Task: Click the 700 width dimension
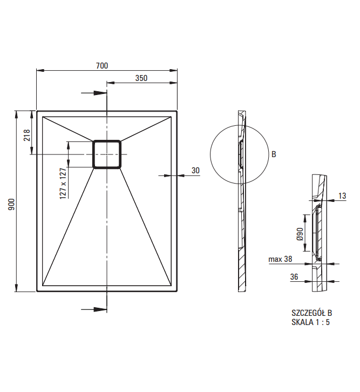tap(102, 66)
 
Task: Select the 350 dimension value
tap(141, 78)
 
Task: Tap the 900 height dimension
tap(11, 204)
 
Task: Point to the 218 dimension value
tap(27, 135)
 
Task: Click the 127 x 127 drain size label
tap(63, 184)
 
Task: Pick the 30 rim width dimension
tap(195, 171)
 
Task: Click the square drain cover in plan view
tap(107, 154)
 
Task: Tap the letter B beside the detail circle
tap(274, 154)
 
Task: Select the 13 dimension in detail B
tap(342, 196)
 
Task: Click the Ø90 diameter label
tap(300, 234)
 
